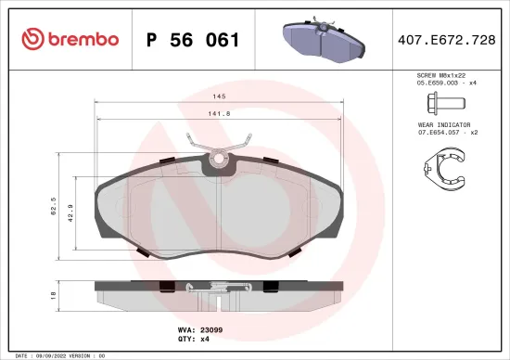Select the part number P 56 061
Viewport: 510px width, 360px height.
click(x=193, y=40)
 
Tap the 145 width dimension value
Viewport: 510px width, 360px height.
click(x=219, y=96)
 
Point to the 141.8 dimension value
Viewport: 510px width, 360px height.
click(x=219, y=114)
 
